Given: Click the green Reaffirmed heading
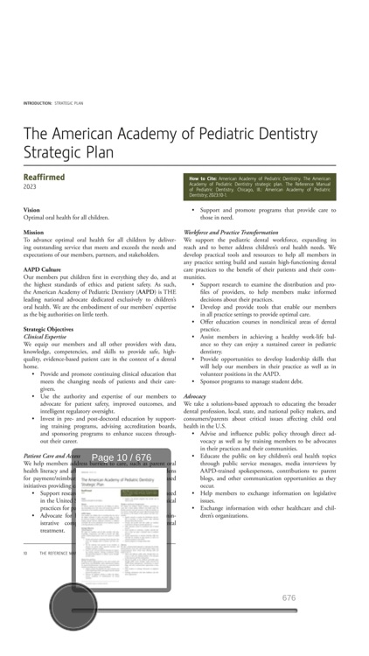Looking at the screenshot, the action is pos(44,177).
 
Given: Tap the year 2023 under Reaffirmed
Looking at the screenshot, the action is pos(31,187).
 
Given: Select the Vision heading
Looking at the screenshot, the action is pos(31,210).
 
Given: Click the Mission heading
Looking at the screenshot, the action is pos(34,232).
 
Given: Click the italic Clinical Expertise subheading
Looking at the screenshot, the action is pos(45,336).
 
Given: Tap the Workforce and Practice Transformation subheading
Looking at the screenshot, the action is pos(231,232).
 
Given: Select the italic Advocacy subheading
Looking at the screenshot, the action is pos(195,395).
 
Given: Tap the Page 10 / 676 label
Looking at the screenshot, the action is pos(122,457).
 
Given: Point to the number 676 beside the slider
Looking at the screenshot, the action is pos(289,597).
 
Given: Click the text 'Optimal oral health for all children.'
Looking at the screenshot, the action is pos(66,217).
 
